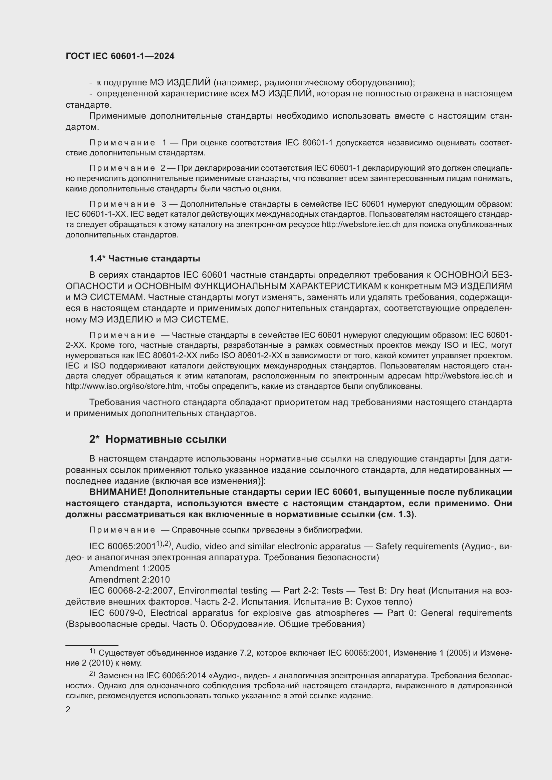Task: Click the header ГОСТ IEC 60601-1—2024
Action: click(120, 56)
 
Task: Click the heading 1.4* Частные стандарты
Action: click(145, 258)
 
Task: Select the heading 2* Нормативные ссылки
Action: click(158, 439)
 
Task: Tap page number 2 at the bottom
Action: click(68, 709)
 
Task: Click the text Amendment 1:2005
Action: click(129, 568)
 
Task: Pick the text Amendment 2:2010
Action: click(129, 579)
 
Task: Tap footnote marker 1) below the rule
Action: click(92, 651)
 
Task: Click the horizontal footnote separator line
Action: click(92, 645)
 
